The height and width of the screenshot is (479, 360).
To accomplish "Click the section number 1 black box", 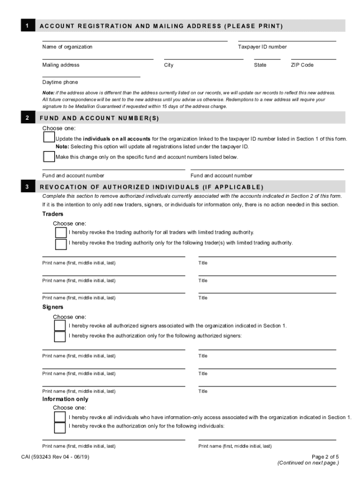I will click(x=28, y=25).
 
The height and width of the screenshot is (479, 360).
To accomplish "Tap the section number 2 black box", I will click(x=28, y=118).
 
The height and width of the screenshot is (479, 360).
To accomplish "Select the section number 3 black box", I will click(x=28, y=187).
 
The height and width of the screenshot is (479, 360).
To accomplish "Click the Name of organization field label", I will click(x=67, y=47).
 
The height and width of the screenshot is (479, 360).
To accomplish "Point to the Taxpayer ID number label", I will click(x=262, y=47).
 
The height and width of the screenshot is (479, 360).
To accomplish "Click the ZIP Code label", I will click(x=302, y=65).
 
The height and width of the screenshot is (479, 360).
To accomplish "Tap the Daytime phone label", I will click(x=60, y=82).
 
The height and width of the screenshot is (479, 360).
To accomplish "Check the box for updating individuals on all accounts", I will click(x=49, y=137).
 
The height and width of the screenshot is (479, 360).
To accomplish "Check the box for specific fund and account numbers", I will click(x=49, y=156).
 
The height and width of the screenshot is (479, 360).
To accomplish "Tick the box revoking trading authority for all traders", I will click(x=61, y=232).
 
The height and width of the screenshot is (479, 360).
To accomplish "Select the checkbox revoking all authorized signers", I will click(x=60, y=326).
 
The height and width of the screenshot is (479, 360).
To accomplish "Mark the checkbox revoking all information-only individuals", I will click(x=60, y=417).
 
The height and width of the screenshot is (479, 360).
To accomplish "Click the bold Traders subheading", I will click(x=53, y=214).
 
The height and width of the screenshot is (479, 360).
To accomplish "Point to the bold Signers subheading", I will click(x=53, y=307).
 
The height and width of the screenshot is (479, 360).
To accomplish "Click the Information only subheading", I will click(x=65, y=399).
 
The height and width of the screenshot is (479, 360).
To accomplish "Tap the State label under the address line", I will click(x=260, y=65).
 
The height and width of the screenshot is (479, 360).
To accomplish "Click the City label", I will click(x=168, y=65).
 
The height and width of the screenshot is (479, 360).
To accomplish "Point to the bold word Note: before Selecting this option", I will click(x=62, y=146).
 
